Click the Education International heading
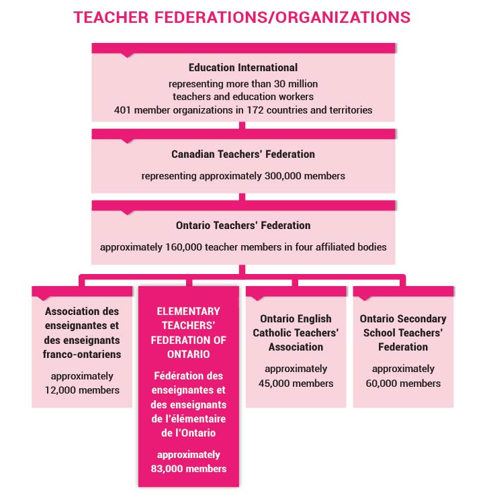click(x=243, y=68)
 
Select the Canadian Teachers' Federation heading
click(x=243, y=154)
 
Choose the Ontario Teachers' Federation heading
click(x=243, y=225)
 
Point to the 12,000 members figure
click(x=82, y=390)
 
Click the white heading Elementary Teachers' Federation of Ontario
click(x=188, y=332)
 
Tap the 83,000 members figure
click(x=188, y=469)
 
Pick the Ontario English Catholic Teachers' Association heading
click(x=296, y=332)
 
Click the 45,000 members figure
click(x=296, y=383)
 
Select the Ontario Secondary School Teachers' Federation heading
click(x=403, y=332)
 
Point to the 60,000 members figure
click(x=403, y=383)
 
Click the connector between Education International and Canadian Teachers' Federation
click(x=242, y=125)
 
